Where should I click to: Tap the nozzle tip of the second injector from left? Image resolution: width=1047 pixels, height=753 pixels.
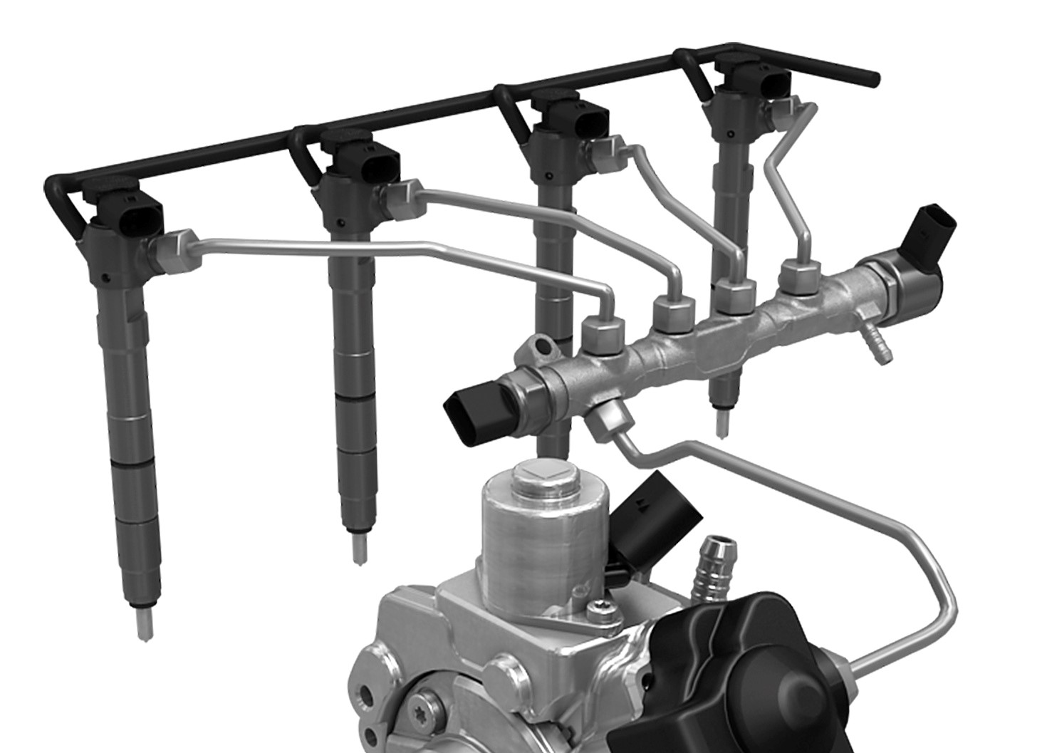[360, 546]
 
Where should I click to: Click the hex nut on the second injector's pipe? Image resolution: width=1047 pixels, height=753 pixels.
[402, 200]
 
